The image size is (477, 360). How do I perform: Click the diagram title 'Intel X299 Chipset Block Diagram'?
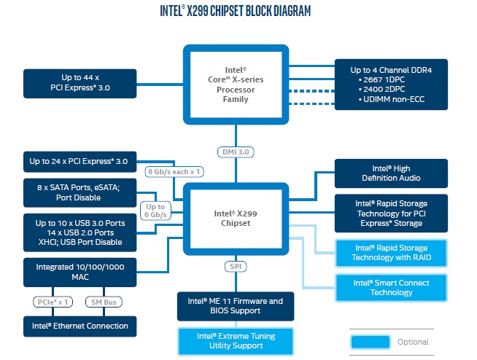pyautogui.click(x=235, y=11)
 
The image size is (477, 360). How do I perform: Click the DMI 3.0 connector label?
pyautogui.click(x=236, y=152)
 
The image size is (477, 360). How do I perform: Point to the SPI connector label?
pyautogui.click(x=236, y=267)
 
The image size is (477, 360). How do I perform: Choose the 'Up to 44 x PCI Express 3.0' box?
pyautogui.click(x=80, y=83)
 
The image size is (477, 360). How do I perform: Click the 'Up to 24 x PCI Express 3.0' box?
pyautogui.click(x=80, y=162)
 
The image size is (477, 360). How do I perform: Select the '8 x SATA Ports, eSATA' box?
pyautogui.click(x=80, y=193)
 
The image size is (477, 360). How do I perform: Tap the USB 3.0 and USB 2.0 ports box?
pyautogui.click(x=80, y=232)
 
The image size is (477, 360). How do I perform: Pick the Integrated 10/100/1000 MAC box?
pyautogui.click(x=80, y=272)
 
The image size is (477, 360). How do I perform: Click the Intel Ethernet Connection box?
pyautogui.click(x=80, y=326)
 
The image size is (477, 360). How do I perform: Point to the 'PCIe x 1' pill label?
pyautogui.click(x=53, y=302)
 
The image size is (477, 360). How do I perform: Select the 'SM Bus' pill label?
pyautogui.click(x=104, y=302)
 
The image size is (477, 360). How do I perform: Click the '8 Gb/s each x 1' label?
pyautogui.click(x=174, y=172)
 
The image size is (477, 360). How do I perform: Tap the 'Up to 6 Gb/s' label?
pyautogui.click(x=155, y=211)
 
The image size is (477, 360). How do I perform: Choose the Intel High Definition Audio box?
pyautogui.click(x=391, y=173)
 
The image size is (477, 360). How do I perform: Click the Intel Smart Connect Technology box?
pyautogui.click(x=391, y=288)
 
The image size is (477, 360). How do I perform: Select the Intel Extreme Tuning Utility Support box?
pyautogui.click(x=236, y=341)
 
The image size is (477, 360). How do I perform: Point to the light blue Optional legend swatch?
pyautogui.click(x=371, y=342)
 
